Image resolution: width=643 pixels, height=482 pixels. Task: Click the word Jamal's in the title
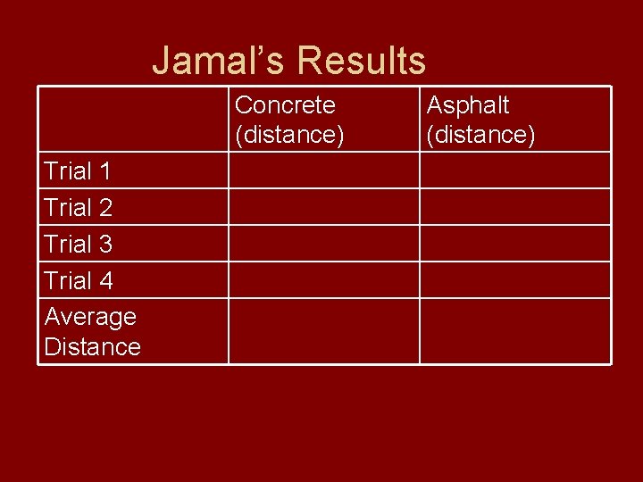pyautogui.click(x=219, y=61)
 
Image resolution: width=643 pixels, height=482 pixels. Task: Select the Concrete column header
pyautogui.click(x=285, y=120)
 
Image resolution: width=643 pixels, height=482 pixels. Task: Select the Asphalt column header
pyautogui.click(x=480, y=120)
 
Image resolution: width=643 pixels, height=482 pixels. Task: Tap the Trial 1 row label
pyautogui.click(x=78, y=170)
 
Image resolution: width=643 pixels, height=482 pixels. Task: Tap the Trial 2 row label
pyautogui.click(x=78, y=207)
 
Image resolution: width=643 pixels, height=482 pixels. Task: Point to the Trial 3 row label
pyautogui.click(x=78, y=244)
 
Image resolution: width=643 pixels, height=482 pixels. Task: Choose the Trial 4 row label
pyautogui.click(x=78, y=280)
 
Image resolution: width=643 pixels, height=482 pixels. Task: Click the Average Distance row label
pyautogui.click(x=92, y=331)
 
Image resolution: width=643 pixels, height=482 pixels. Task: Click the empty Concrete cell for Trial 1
pyautogui.click(x=323, y=170)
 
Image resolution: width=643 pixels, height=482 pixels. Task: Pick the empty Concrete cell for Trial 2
pyautogui.click(x=323, y=207)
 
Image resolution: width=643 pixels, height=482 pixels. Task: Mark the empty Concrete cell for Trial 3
pyautogui.click(x=323, y=244)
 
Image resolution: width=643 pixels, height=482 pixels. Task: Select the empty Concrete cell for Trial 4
pyautogui.click(x=323, y=280)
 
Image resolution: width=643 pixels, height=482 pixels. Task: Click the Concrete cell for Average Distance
pyautogui.click(x=323, y=331)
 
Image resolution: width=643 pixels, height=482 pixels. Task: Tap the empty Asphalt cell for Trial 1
pyautogui.click(x=515, y=170)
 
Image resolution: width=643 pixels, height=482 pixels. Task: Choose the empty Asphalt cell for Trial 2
pyautogui.click(x=515, y=207)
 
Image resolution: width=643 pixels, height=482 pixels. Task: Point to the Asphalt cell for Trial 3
pyautogui.click(x=515, y=244)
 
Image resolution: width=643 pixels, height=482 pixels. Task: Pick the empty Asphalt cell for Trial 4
pyautogui.click(x=515, y=280)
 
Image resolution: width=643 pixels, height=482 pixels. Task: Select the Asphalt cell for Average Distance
pyautogui.click(x=515, y=331)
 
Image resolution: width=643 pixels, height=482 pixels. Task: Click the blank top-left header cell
pyautogui.click(x=133, y=120)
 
